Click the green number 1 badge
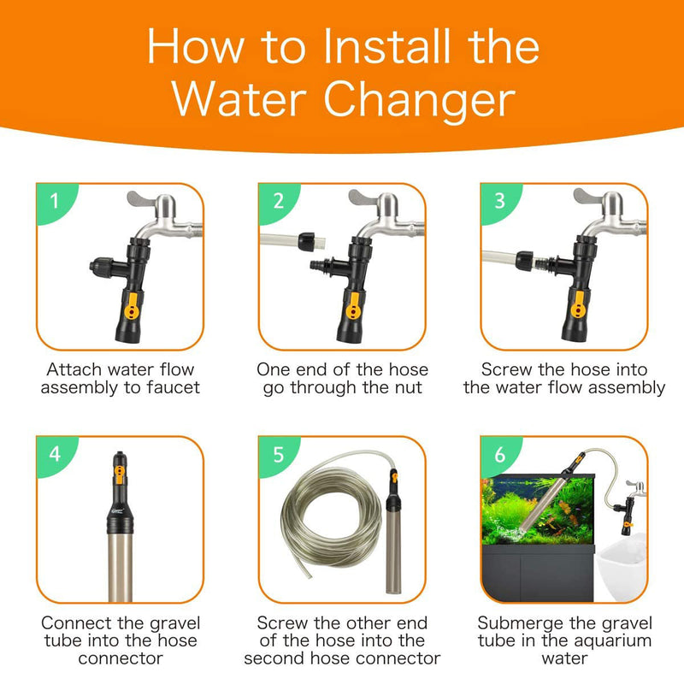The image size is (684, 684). click(x=55, y=202)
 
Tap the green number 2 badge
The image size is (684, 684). click(x=279, y=202)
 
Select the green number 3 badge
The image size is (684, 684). click(x=501, y=202)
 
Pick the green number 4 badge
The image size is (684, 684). click(x=55, y=454)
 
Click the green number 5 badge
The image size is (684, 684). click(x=279, y=454)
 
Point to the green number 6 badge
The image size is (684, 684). click(x=501, y=454)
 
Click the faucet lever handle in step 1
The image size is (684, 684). click(x=145, y=199)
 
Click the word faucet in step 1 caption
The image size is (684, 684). click(x=171, y=387)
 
